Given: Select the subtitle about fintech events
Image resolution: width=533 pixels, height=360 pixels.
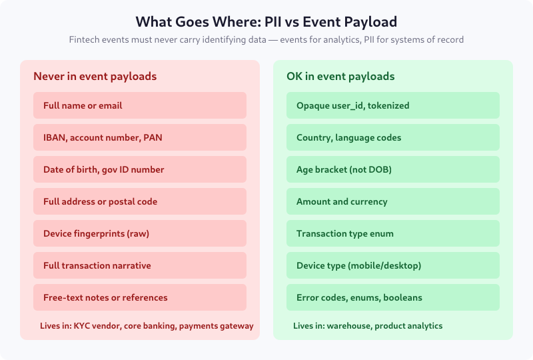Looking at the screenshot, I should tap(266, 40).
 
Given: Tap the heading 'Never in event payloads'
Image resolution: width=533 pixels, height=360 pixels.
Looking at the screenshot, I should tap(95, 77).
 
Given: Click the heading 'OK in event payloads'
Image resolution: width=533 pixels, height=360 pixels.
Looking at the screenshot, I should tap(340, 77).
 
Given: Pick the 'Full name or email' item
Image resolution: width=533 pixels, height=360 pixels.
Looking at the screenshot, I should tap(140, 105).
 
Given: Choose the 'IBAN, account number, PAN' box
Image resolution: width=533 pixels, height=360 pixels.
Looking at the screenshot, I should tap(140, 137).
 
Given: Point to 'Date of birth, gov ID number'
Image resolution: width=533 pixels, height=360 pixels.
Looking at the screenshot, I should tap(140, 169).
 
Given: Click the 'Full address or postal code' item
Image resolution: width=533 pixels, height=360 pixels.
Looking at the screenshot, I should tap(140, 201).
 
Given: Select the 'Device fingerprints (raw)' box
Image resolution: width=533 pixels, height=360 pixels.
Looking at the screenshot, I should tap(140, 233).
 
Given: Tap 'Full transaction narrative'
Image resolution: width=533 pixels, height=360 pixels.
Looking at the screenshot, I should tap(140, 265).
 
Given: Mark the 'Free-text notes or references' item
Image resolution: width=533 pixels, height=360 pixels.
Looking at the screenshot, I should tap(140, 297).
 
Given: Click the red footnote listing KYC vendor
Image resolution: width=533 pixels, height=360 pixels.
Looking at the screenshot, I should tap(147, 326).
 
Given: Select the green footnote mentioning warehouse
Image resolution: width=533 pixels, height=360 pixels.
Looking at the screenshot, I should tap(368, 326).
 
